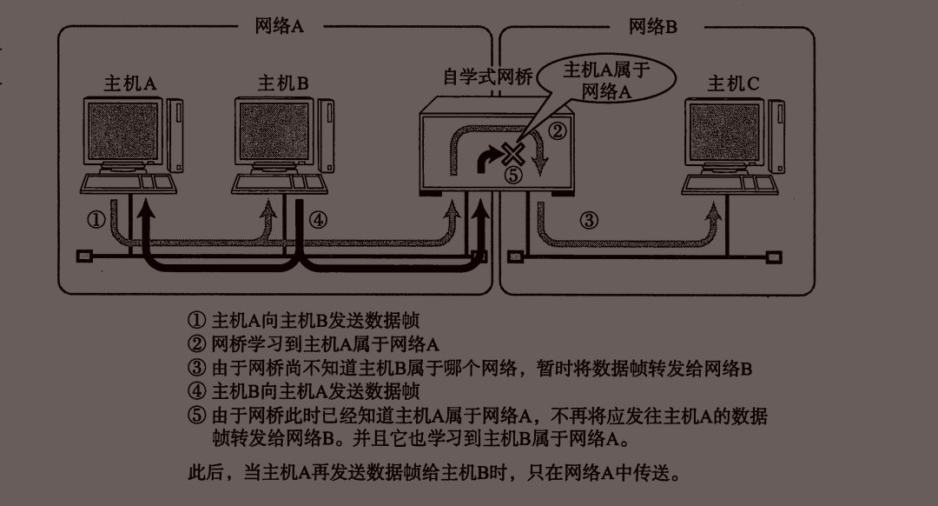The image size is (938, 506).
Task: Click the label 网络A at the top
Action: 279,26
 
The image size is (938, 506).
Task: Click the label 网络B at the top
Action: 652,26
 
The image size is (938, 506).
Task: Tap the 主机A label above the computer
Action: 130,83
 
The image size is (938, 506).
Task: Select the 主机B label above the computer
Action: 283,83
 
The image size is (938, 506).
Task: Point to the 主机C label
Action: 733,83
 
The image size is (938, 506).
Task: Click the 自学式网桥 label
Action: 487,77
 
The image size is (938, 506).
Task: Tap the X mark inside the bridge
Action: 513,156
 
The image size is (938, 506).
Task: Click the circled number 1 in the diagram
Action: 96,220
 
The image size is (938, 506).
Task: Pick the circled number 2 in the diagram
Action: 558,131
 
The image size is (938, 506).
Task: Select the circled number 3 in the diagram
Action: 589,220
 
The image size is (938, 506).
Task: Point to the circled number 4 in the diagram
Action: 318,220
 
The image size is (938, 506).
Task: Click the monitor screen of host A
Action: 124,130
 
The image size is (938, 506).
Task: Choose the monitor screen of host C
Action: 726,130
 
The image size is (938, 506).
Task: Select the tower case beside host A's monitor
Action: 176,135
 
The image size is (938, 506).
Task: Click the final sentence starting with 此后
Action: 434,473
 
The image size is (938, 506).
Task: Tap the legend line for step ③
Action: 469,369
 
